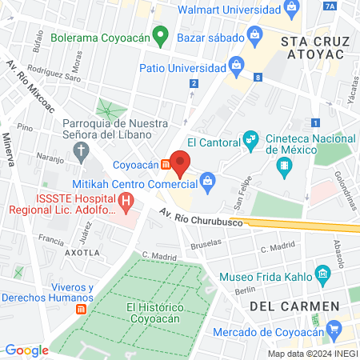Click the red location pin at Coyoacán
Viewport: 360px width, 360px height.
(180, 163)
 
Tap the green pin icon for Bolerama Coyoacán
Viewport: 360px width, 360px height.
(159, 35)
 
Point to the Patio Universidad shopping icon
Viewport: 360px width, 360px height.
(236, 64)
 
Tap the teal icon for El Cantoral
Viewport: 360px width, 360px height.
(251, 141)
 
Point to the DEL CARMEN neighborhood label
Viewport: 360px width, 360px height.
(288, 306)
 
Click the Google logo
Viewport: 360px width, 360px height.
(26, 350)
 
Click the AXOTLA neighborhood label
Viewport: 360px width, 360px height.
(83, 251)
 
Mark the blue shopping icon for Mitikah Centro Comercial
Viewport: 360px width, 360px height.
(207, 180)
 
